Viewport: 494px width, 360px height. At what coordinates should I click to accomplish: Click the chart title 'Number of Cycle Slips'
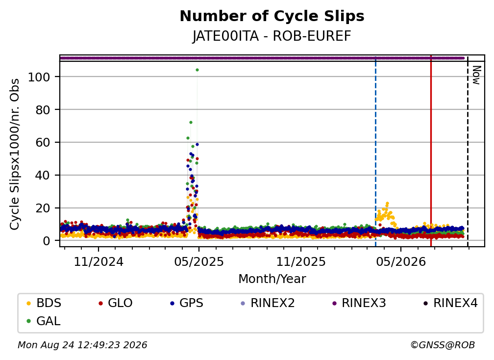pos(272,16)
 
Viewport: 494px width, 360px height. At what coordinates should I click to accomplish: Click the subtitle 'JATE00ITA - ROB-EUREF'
pos(272,36)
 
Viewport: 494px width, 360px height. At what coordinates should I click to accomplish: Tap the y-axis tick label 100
pos(39,77)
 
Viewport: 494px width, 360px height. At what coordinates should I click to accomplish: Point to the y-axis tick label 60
pos(43,142)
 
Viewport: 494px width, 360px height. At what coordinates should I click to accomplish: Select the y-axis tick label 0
pos(47,241)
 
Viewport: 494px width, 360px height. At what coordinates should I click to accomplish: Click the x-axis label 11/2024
pos(99,261)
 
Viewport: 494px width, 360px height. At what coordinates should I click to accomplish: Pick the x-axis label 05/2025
pos(199,261)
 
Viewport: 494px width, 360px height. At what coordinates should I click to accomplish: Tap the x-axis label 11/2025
pos(301,261)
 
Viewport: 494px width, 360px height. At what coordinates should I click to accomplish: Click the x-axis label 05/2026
pos(401,261)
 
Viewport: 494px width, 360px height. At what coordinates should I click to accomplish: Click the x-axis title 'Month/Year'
pos(272,279)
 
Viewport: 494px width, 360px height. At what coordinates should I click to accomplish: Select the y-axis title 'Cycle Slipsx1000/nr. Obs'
pos(15,154)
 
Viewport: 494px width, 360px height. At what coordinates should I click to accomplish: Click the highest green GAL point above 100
pos(197,70)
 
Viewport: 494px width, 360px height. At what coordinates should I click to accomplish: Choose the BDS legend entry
pos(44,303)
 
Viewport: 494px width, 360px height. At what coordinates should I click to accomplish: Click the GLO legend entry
pos(115,303)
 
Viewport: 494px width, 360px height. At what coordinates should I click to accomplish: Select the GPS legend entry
pos(187,303)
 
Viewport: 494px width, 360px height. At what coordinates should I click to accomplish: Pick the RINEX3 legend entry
pos(359,303)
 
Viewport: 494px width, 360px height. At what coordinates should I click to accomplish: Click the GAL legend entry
pos(44,321)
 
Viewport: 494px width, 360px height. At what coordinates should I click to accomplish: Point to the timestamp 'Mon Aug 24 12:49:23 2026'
pos(82,345)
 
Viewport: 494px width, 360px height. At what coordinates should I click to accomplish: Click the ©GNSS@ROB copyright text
pos(443,345)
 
